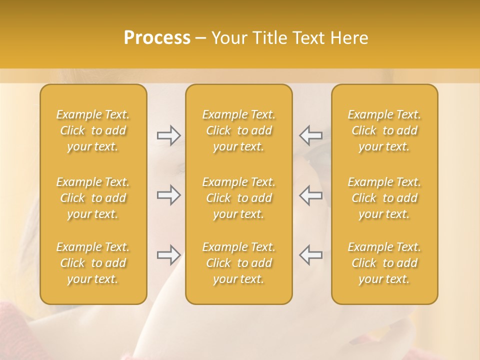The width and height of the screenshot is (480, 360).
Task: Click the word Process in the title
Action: (157, 38)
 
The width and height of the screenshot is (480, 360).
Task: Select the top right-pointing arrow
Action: (168, 135)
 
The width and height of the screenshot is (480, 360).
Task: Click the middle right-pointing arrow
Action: (168, 195)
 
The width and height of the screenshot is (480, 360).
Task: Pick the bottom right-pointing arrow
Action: (168, 255)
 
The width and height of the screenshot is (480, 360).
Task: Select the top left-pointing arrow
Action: (311, 135)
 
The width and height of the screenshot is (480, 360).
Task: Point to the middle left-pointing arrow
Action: (311, 195)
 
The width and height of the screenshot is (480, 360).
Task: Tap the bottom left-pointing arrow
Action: (311, 255)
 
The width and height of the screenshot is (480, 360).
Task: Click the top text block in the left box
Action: (93, 130)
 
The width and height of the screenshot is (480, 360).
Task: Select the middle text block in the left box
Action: (93, 198)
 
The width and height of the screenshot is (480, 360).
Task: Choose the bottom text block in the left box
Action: (93, 263)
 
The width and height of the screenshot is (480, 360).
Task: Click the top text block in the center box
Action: (239, 130)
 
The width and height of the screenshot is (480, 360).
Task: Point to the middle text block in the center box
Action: (239, 198)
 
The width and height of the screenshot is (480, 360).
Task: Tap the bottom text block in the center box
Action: (239, 263)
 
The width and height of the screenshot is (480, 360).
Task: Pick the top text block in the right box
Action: (384, 130)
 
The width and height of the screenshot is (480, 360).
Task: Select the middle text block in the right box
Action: (384, 198)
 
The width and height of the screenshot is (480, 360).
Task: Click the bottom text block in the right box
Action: (384, 263)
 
